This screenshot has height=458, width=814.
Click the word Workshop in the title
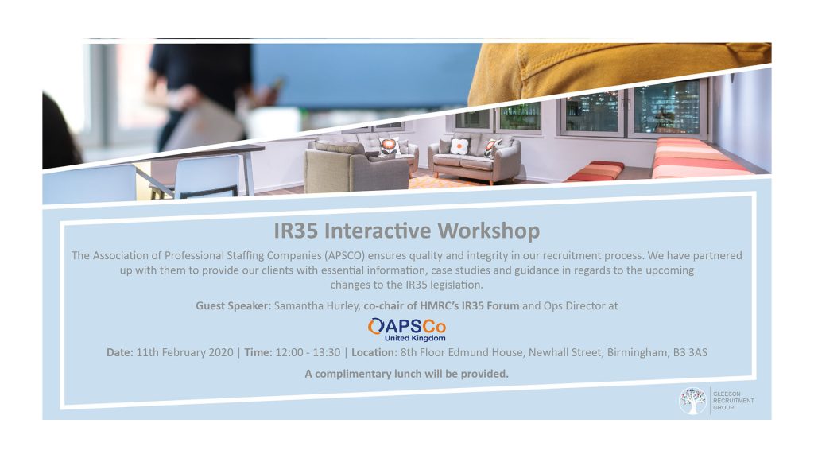[x=489, y=231]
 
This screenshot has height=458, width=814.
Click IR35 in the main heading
[x=296, y=231]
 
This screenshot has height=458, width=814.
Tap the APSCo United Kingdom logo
[x=407, y=330]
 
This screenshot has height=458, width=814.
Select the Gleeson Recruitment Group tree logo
[x=692, y=401]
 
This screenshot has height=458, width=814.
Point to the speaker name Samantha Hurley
[x=316, y=306]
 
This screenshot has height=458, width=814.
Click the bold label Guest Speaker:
[x=233, y=306]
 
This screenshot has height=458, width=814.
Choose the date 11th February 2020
[x=184, y=352]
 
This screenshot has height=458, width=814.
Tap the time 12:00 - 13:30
[x=308, y=352]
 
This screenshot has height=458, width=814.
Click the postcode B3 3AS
[x=690, y=352]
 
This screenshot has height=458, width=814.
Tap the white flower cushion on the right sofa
[x=459, y=146]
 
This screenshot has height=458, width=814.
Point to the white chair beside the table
[x=207, y=177]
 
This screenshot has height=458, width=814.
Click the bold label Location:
[x=374, y=352]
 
